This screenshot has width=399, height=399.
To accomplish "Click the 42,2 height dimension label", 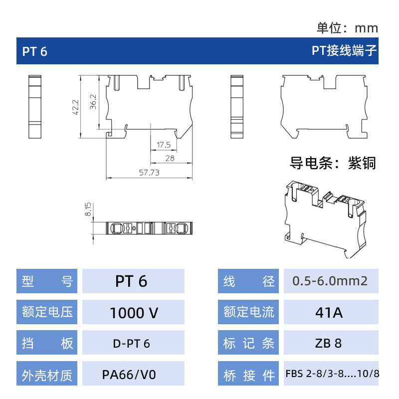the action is (76, 107).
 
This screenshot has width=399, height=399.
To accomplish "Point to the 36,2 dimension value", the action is (93, 102).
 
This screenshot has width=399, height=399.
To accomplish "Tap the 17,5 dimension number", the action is (164, 145).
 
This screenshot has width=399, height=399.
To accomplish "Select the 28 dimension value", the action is (170, 158).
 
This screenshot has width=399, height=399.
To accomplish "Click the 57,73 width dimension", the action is (149, 173).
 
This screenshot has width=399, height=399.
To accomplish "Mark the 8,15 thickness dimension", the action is (88, 209).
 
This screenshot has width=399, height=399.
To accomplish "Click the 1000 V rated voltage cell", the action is (133, 312).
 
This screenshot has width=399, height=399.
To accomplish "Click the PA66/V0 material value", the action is (129, 375).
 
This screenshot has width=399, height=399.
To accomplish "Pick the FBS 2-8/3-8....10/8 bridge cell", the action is (331, 373).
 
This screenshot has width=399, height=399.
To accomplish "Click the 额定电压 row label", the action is (47, 312).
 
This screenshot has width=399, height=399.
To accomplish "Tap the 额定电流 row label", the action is (248, 312).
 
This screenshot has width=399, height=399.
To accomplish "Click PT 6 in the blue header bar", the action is (34, 51).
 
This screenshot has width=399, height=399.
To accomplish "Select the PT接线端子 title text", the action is (344, 51).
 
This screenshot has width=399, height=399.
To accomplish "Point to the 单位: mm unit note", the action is (347, 28).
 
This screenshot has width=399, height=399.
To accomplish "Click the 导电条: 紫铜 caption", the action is (333, 163).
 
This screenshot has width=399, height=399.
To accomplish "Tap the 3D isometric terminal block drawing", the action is (326, 219).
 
